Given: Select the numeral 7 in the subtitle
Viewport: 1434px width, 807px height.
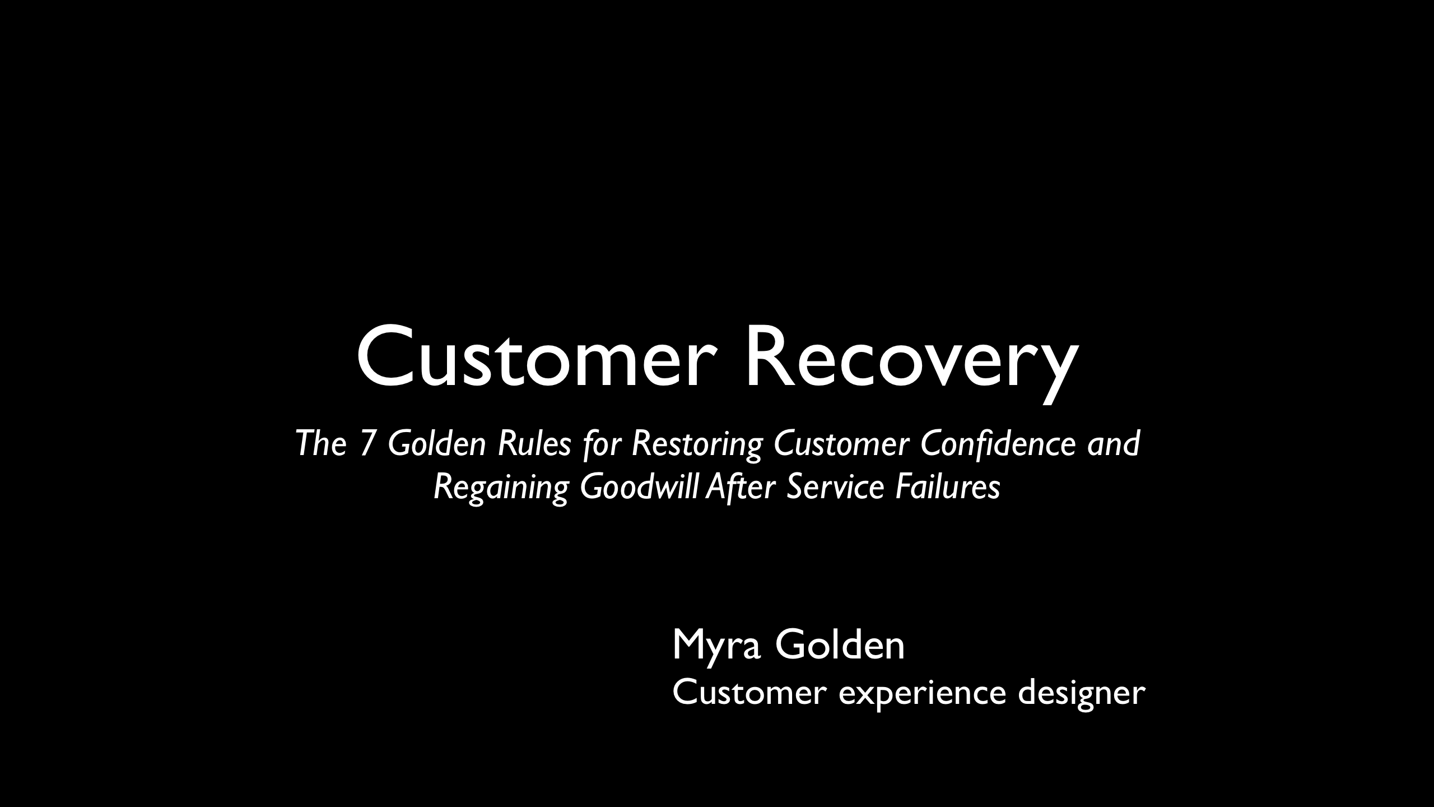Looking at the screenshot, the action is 367,444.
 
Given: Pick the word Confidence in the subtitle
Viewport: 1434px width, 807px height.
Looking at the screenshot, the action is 998,444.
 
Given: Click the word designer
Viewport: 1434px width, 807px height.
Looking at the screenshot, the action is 1081,695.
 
